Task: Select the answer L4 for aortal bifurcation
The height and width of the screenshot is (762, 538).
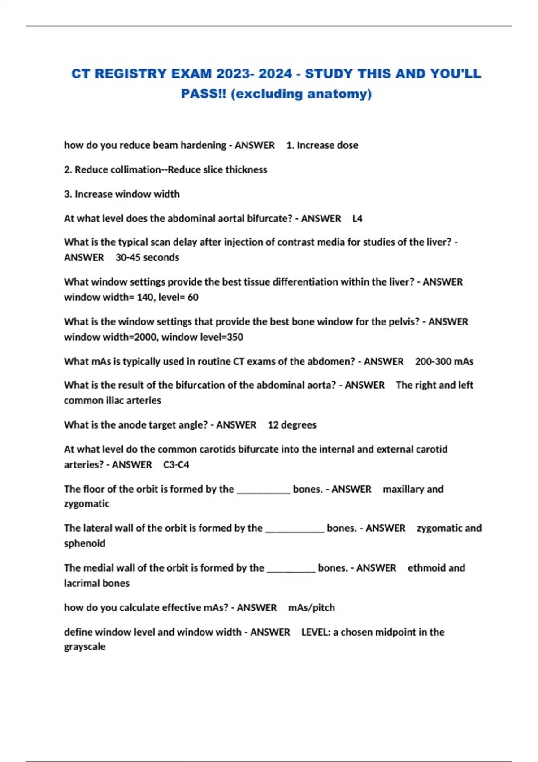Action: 357,219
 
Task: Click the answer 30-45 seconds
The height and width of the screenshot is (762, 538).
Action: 147,258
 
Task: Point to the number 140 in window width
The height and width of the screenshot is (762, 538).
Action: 145,297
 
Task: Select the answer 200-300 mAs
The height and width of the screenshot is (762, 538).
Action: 444,362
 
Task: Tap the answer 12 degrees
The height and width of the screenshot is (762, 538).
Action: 292,425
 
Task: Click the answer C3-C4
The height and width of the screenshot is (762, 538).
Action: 176,465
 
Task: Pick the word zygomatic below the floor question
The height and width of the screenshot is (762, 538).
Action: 87,504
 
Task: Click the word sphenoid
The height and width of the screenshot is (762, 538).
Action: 85,544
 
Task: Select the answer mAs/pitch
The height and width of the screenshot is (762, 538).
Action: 312,608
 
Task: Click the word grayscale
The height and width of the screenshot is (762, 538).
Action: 85,647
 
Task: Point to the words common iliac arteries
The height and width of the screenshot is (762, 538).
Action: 113,401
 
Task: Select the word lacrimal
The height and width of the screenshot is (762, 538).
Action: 80,584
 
